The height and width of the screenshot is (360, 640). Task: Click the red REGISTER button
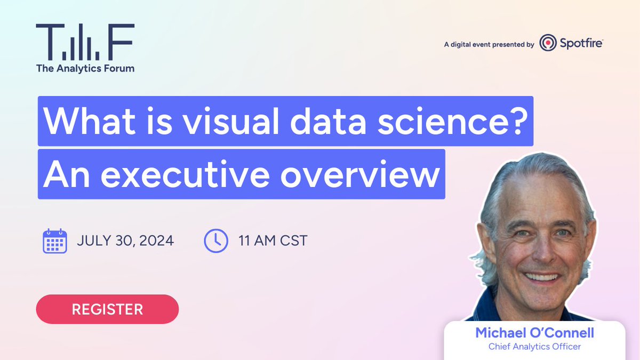[x=107, y=309]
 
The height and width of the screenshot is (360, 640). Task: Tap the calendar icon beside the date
[x=54, y=241]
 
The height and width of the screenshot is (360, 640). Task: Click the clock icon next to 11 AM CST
[x=216, y=241]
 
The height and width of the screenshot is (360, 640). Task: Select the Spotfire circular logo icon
[x=548, y=43]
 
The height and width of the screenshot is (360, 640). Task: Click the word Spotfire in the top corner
[x=581, y=43]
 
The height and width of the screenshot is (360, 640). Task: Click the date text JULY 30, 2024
[x=125, y=241]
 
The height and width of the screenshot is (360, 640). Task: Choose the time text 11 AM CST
[x=273, y=241]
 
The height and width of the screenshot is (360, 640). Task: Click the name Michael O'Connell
[x=534, y=333]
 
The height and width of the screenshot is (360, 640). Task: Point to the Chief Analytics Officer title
[x=534, y=347]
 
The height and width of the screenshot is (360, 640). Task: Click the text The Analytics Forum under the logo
[x=85, y=68]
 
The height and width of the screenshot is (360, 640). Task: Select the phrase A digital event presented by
[x=489, y=45]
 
